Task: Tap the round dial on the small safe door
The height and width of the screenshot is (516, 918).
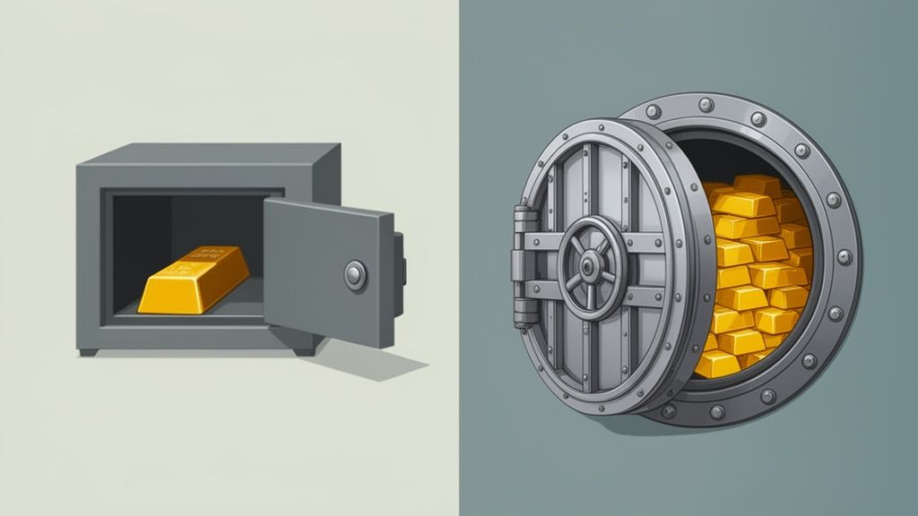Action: (355, 275)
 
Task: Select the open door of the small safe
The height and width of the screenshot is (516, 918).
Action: (327, 269)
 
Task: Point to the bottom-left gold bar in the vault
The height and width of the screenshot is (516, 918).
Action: (717, 363)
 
